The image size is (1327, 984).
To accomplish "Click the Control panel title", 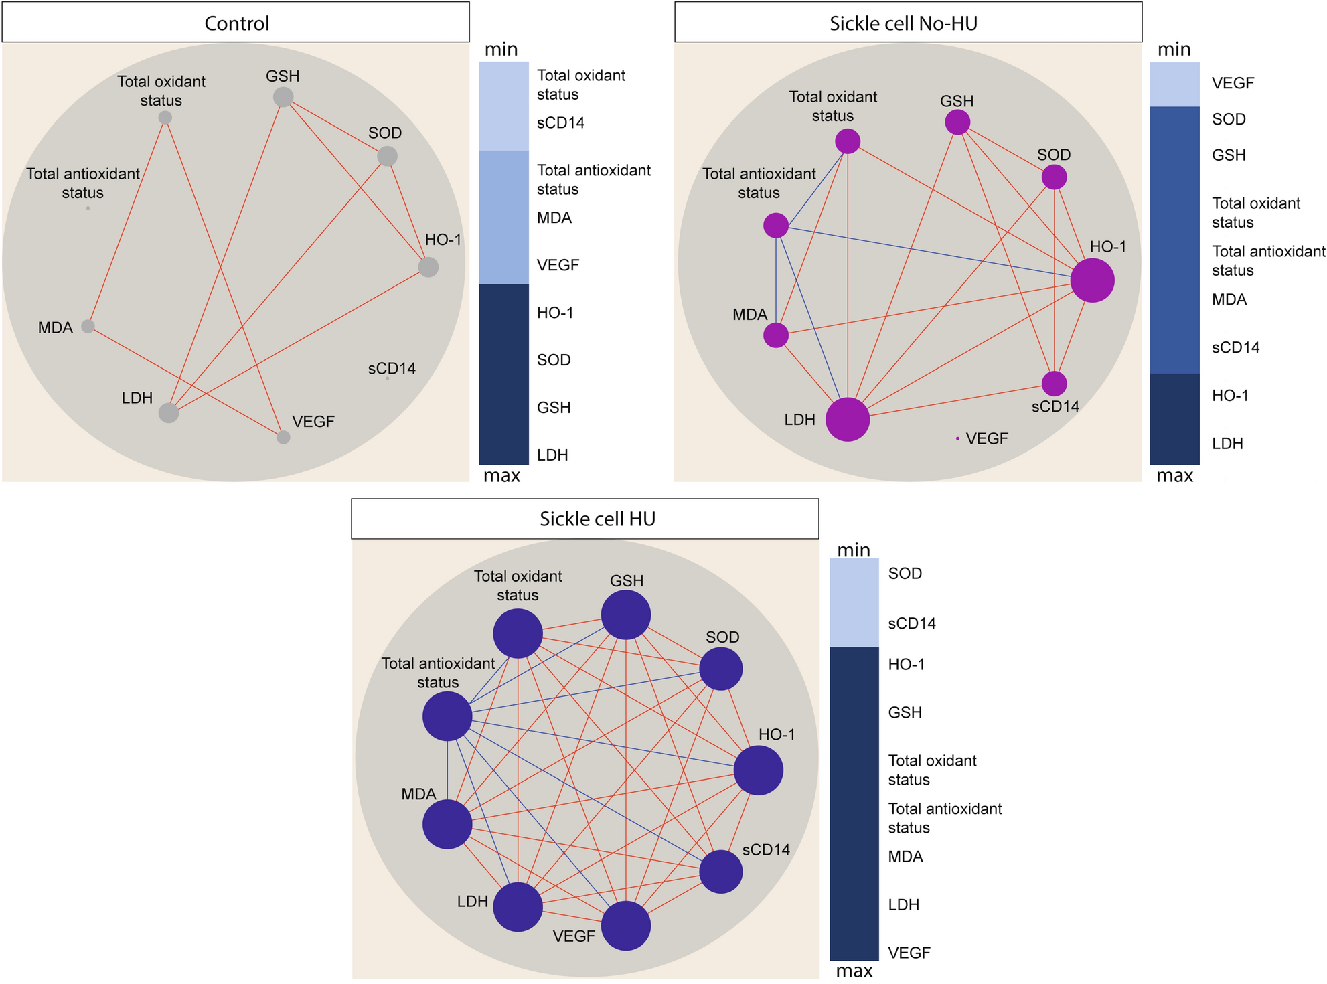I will click(x=236, y=23).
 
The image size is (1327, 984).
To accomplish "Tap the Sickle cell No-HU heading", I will click(x=903, y=23).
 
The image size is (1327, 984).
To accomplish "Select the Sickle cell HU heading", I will click(x=597, y=519).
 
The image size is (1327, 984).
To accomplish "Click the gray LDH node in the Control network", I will click(x=169, y=413).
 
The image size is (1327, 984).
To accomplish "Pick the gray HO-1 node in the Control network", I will click(x=428, y=268).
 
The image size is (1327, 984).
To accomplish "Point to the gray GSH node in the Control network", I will click(x=283, y=97).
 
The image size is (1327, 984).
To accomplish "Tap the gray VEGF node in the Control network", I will click(x=283, y=437).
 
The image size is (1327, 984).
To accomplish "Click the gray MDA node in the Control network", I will click(x=88, y=326).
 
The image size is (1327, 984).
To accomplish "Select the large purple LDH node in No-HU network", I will click(x=848, y=420).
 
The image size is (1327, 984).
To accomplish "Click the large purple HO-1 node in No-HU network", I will click(x=1092, y=280).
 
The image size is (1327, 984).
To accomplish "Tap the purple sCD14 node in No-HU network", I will click(x=1055, y=384).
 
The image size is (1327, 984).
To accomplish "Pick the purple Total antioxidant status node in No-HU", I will click(x=776, y=226).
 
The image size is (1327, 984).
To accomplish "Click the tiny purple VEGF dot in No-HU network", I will click(x=957, y=438).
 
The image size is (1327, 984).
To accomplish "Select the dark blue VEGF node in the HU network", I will click(x=626, y=926).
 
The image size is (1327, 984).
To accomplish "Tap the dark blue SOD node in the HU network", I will click(x=721, y=669).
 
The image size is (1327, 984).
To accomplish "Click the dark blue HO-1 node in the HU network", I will click(x=759, y=770).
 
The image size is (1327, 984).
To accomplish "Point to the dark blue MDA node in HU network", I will click(x=447, y=825).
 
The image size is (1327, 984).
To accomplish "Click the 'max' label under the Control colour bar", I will click(x=502, y=476).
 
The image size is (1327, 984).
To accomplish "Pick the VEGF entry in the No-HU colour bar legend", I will click(x=1233, y=84).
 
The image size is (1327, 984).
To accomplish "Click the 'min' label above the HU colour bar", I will click(x=854, y=550).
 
